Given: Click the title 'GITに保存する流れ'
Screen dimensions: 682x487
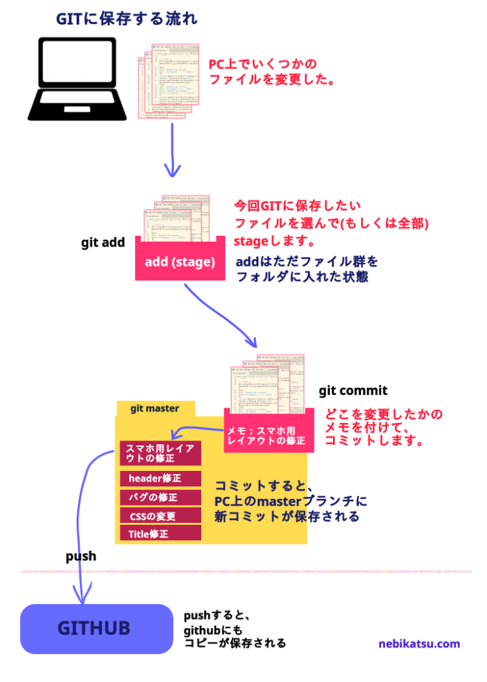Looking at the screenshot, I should point(127,19).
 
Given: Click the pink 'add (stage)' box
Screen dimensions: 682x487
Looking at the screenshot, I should point(180,262).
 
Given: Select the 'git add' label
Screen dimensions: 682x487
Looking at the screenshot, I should point(103,242).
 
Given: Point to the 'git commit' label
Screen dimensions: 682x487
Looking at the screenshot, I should point(352,391).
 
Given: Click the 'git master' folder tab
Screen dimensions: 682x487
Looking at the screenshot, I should point(155,408).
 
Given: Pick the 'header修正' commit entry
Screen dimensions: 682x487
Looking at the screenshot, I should point(160,478).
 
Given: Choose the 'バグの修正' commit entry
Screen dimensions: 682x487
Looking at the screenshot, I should point(160,497).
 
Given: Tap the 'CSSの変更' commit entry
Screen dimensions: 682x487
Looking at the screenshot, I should point(160,515).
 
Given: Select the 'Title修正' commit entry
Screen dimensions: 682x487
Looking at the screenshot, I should point(160,533).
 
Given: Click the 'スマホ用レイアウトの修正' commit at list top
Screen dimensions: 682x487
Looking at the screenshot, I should point(160,453).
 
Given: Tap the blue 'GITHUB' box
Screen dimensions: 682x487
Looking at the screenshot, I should point(97,628).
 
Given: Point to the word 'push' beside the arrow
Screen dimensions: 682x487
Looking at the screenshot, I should point(81,556).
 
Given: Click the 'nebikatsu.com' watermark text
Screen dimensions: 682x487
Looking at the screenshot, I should point(419,643).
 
